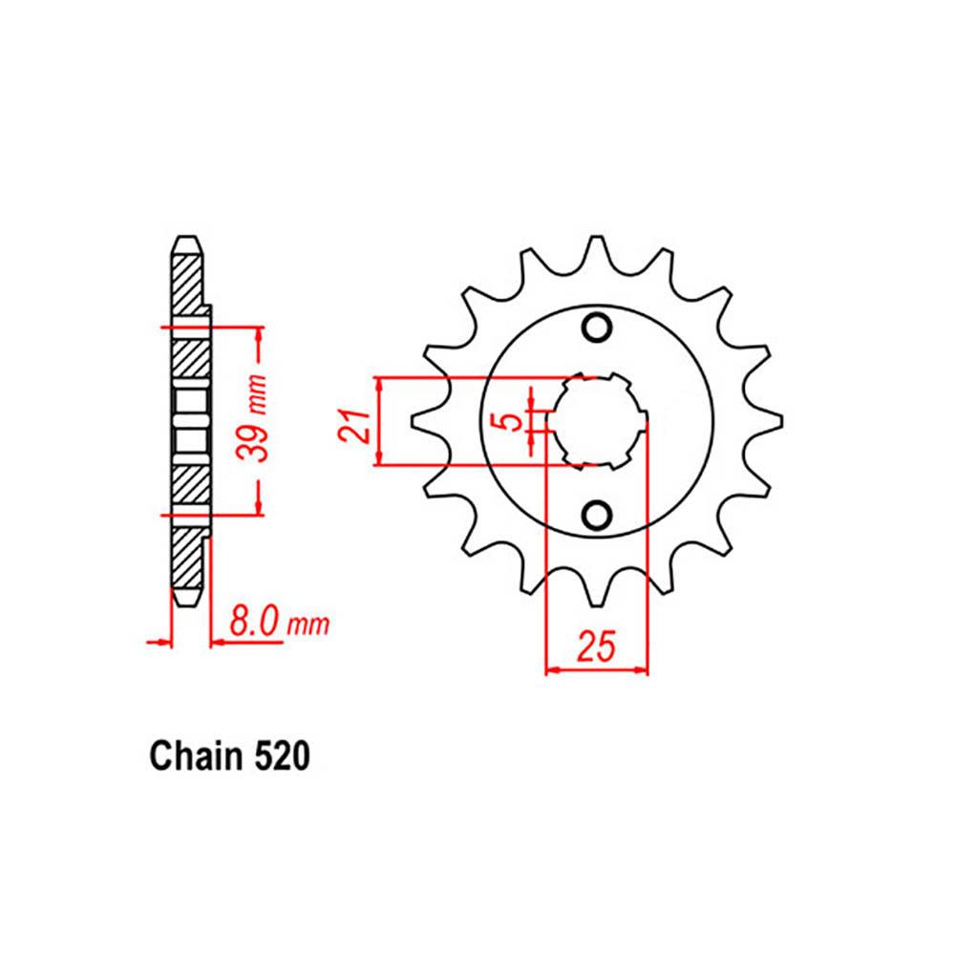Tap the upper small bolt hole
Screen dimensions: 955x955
pyautogui.click(x=598, y=328)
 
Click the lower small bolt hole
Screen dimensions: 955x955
pyautogui.click(x=598, y=516)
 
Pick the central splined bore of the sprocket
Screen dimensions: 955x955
pyautogui.click(x=598, y=421)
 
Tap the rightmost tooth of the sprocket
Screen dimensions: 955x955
pyautogui.click(x=773, y=421)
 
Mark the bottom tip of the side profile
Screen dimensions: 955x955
pyautogui.click(x=186, y=600)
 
